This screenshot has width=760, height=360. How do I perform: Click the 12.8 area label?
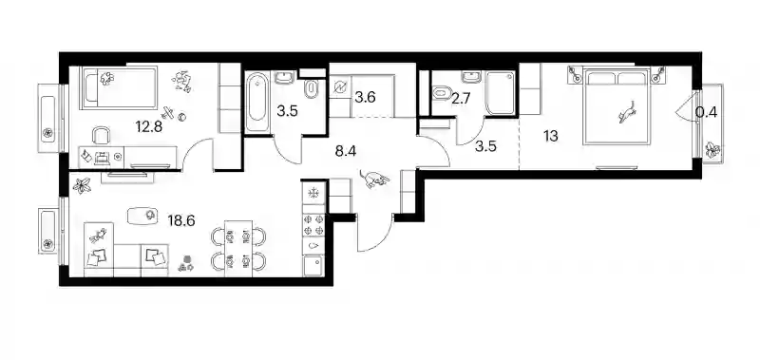coord(149,127)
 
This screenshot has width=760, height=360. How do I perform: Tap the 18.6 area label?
coord(181,221)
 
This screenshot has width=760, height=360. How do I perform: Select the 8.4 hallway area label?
coord(346,152)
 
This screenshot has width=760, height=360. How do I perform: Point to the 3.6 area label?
coord(365,98)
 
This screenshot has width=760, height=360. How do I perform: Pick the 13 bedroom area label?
coord(550,136)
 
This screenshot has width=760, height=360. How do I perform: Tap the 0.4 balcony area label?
coord(706,112)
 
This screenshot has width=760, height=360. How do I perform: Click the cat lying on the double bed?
coord(627,113)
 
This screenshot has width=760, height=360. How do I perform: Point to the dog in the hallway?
coord(375,179)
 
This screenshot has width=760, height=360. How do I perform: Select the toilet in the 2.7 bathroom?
coord(442,91)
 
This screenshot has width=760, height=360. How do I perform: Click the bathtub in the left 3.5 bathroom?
coord(256,103)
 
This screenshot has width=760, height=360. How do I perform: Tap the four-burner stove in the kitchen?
coord(313,225)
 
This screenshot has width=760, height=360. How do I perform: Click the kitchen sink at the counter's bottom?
coord(313,267)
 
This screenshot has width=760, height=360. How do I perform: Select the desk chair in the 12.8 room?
coord(101,136)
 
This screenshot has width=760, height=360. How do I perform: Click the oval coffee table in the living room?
coord(142,215)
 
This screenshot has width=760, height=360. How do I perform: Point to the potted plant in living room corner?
coord(82,184)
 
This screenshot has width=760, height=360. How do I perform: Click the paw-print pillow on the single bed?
coord(106,78)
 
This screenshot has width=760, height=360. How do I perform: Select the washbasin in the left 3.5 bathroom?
coord(284,78)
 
